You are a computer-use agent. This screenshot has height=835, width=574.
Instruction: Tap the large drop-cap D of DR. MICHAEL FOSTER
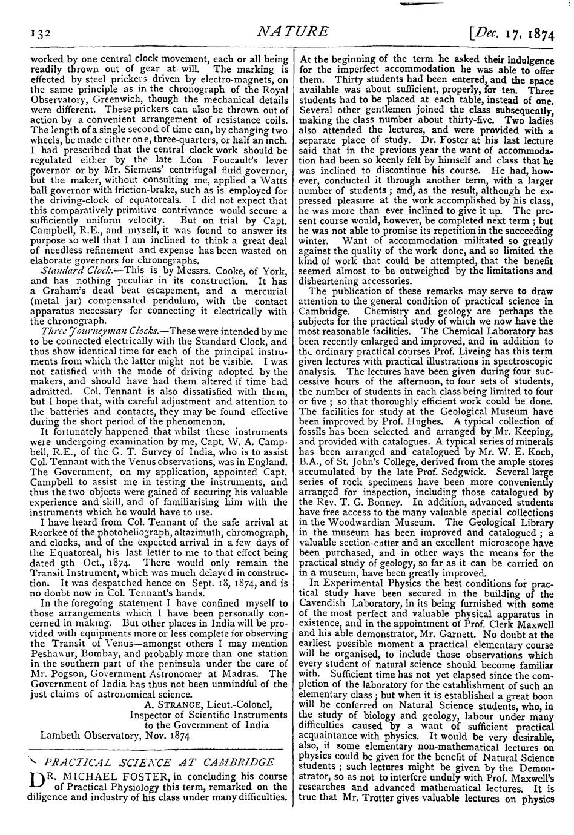(x=36, y=781)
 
